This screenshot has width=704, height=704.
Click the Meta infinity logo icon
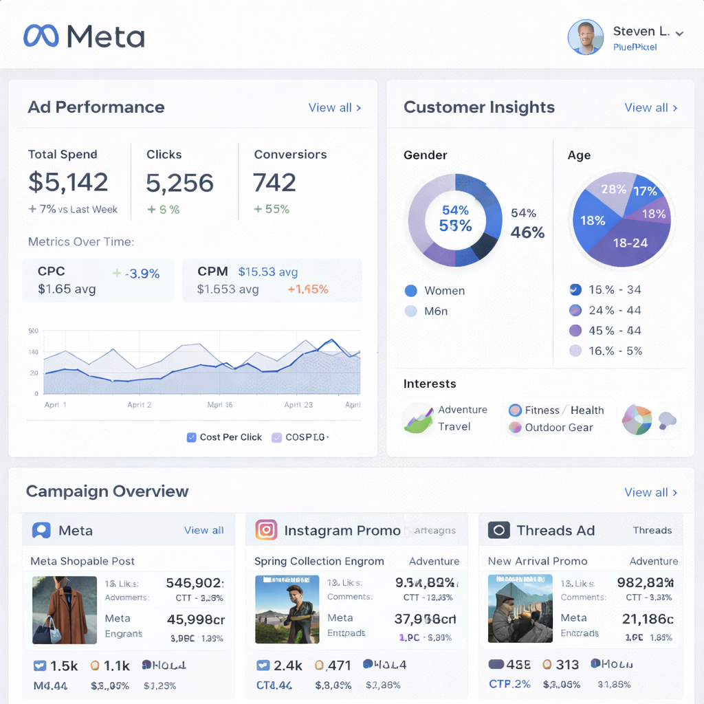[x=41, y=36]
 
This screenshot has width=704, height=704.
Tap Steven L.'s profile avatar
[x=586, y=37]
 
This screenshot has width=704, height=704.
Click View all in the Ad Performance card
[x=334, y=108]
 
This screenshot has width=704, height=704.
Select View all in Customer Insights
[x=650, y=108]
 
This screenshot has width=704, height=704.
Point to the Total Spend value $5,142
[x=68, y=182]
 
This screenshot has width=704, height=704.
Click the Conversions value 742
[x=274, y=182]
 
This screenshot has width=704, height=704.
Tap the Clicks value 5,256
[x=179, y=183]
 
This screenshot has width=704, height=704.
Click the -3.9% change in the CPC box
[x=143, y=274]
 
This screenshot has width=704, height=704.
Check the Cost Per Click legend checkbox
[x=192, y=437]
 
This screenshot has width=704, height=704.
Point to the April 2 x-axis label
[x=140, y=405]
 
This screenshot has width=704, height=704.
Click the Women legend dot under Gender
[x=411, y=291]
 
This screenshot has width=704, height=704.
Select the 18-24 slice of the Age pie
[x=630, y=243]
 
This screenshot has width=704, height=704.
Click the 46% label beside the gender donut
[x=527, y=232]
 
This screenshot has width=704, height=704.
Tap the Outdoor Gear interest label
[x=558, y=428]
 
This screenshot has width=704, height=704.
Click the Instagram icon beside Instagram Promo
[x=266, y=530]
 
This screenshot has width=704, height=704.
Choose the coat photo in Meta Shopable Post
[x=64, y=610]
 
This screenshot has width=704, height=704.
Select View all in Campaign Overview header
[x=650, y=492]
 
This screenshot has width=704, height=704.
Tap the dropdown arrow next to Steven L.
[x=679, y=33]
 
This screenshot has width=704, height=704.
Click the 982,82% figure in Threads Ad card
[x=645, y=583]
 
